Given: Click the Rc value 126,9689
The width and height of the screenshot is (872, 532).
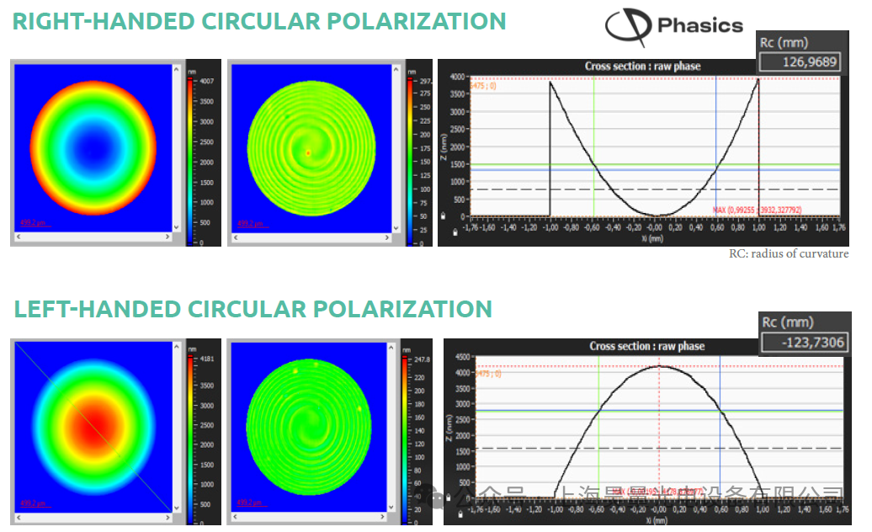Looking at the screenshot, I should (798, 61).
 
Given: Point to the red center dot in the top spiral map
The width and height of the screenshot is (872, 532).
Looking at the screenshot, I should (308, 152).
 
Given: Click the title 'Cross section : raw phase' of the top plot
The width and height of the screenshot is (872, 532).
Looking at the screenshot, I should (642, 66).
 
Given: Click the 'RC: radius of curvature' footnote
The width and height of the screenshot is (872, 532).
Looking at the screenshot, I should (788, 253).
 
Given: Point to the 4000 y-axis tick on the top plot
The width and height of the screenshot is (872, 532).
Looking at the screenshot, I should (455, 77).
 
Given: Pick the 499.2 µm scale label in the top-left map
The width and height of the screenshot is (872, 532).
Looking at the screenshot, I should (35, 224).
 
